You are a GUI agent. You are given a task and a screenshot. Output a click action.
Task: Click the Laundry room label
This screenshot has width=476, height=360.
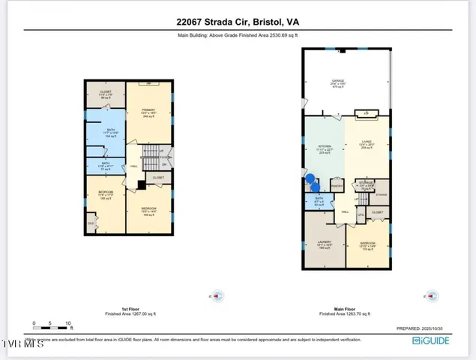click(325, 244)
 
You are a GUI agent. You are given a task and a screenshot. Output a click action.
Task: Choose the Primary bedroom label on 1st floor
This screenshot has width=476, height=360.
click(148, 112)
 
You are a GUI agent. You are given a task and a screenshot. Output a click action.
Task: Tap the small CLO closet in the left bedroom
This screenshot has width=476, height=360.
click(91, 223)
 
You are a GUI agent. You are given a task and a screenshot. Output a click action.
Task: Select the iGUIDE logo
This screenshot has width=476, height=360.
click(431, 340)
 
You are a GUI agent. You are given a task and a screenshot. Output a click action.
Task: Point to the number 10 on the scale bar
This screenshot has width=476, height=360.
click(68, 324)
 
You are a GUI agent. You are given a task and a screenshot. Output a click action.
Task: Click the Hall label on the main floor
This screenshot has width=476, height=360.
click(346, 212)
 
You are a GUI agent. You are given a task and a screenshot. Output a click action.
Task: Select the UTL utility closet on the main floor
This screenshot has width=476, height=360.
click(361, 216)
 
